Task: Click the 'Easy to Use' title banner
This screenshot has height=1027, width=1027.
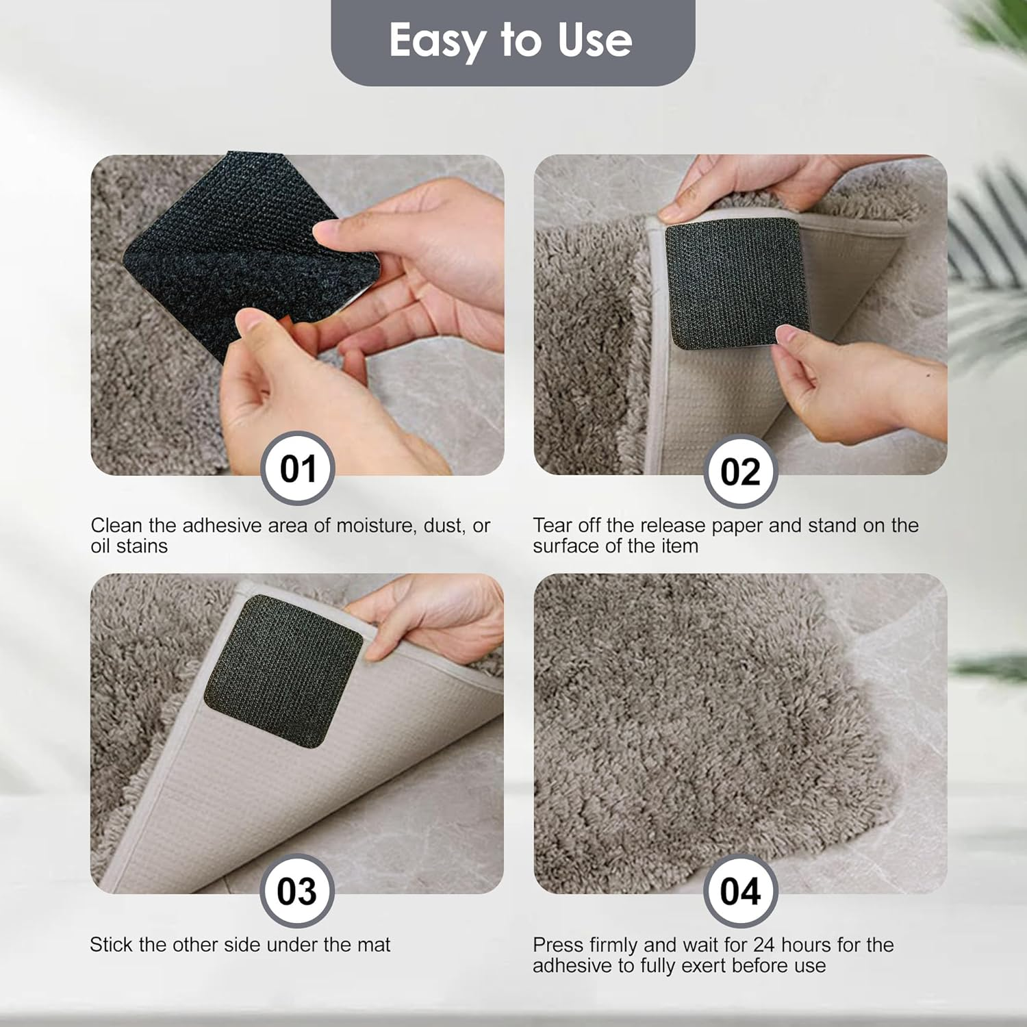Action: pos(512,41)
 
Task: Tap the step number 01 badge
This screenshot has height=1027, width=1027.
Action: pos(298,469)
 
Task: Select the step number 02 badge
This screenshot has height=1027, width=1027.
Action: pos(740,471)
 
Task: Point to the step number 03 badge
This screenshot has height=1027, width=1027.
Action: pos(296,891)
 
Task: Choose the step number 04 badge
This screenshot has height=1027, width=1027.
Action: pos(740,891)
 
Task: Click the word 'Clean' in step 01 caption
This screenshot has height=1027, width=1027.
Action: pos(117,526)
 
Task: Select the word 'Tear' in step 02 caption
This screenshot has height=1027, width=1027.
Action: pos(553,526)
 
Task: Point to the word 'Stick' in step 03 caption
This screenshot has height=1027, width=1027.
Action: pos(111,945)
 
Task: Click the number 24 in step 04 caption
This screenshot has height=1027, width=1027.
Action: pos(764,945)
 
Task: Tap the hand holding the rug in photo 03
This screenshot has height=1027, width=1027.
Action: pos(438,616)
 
